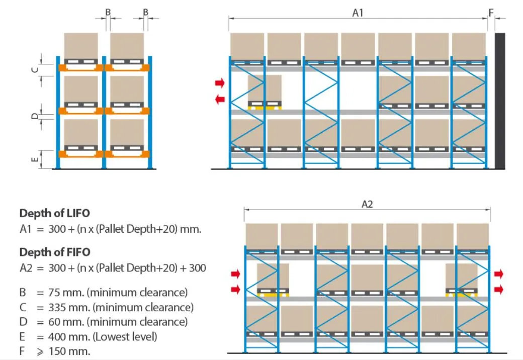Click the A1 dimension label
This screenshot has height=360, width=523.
(358, 13)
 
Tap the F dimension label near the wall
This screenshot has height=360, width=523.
(491, 13)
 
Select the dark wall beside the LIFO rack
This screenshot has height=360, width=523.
(500, 101)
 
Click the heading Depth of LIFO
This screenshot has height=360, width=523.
(55, 213)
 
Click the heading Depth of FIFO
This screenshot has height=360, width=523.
(55, 252)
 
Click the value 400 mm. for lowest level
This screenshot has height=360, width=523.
(68, 336)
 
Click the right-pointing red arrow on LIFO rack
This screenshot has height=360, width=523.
(220, 82)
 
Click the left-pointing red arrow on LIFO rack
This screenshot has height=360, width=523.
(220, 100)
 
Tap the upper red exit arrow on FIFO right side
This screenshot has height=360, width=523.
(498, 274)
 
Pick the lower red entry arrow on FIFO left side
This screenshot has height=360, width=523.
(235, 289)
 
